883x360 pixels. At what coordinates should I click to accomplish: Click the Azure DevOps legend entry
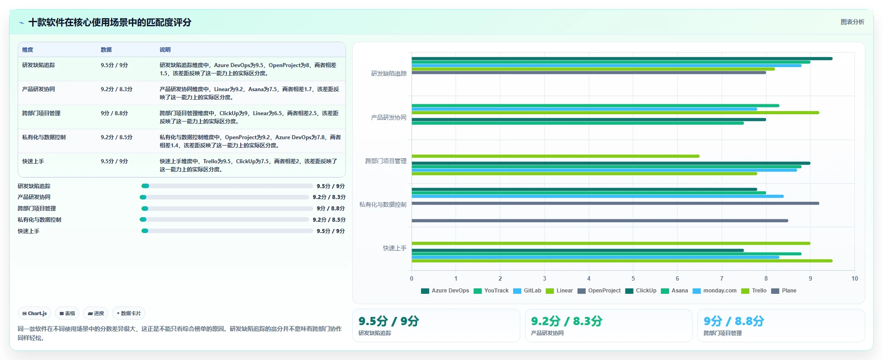(x=445, y=291)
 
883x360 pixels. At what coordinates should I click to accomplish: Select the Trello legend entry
(x=754, y=291)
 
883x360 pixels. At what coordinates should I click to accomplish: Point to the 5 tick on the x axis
(x=633, y=278)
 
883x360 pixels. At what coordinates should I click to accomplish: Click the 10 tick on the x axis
(x=854, y=278)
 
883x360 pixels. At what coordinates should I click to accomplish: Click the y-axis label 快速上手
(x=395, y=248)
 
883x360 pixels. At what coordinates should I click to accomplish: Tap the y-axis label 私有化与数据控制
(x=383, y=204)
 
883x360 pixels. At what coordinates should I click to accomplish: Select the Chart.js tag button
(x=34, y=313)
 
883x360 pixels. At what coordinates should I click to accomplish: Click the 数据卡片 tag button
(x=129, y=313)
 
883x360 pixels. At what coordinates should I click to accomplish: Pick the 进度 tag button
(x=96, y=313)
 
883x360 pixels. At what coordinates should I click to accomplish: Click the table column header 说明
(x=165, y=50)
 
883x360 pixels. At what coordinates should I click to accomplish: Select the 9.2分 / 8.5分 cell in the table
(x=116, y=137)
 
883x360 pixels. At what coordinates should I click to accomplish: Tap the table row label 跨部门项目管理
(x=41, y=113)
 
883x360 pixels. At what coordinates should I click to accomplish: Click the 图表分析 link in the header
(x=852, y=22)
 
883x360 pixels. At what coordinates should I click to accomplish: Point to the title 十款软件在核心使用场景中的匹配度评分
(x=110, y=22)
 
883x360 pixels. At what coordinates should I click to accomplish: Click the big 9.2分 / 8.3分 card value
(x=567, y=321)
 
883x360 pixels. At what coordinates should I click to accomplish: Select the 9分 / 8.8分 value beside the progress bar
(x=331, y=209)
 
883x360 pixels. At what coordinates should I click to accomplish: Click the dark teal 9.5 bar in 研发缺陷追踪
(x=622, y=58)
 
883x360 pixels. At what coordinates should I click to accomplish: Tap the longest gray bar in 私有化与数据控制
(x=615, y=203)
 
